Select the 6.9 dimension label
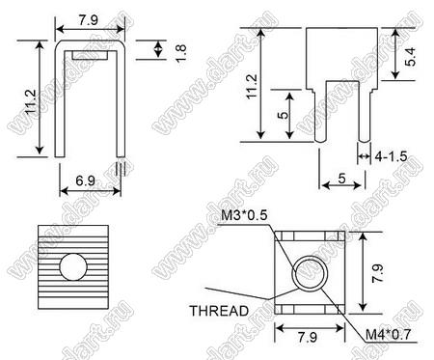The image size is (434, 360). tap(86, 180)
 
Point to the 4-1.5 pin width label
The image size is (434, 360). tap(392, 156)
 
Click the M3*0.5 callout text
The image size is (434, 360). tap(244, 215)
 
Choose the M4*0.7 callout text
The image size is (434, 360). tap(388, 335)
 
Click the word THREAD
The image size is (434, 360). tap(219, 311)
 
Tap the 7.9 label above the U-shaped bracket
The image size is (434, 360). tap(89, 20)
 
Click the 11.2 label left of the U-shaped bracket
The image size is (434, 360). tap(31, 102)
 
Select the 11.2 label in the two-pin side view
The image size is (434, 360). tap(252, 87)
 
